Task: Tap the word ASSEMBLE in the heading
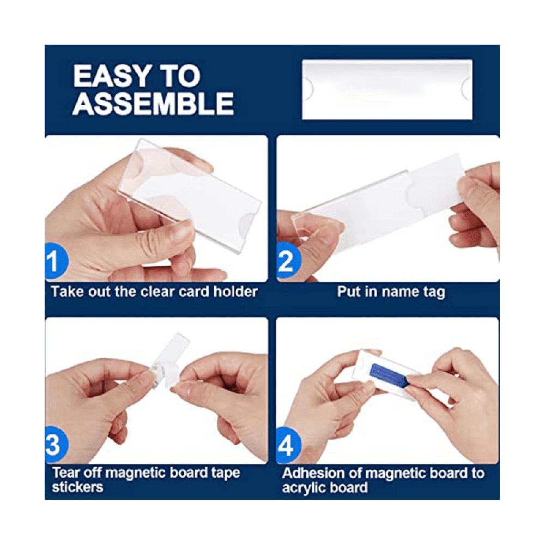(x=153, y=103)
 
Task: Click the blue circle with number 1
(x=55, y=261)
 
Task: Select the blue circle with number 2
(x=287, y=261)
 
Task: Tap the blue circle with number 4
(x=287, y=445)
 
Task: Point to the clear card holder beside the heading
(x=387, y=90)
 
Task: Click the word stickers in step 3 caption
(x=77, y=487)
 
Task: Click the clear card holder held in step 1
(x=190, y=192)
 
